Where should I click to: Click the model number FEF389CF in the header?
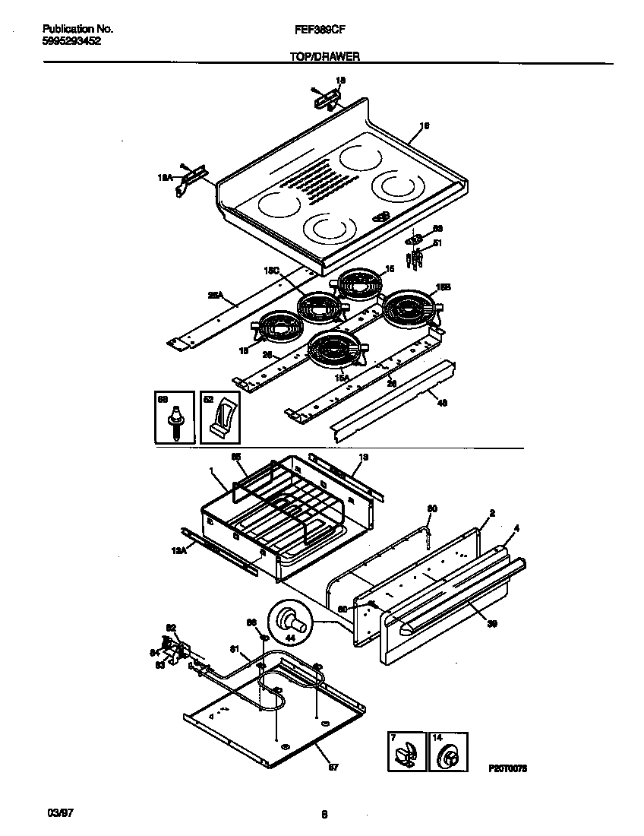pos(321,29)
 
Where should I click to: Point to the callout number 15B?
pos(444,287)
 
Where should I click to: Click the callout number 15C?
pos(270,270)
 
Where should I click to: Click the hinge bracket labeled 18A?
pos(192,179)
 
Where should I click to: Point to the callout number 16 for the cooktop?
pos(425,125)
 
